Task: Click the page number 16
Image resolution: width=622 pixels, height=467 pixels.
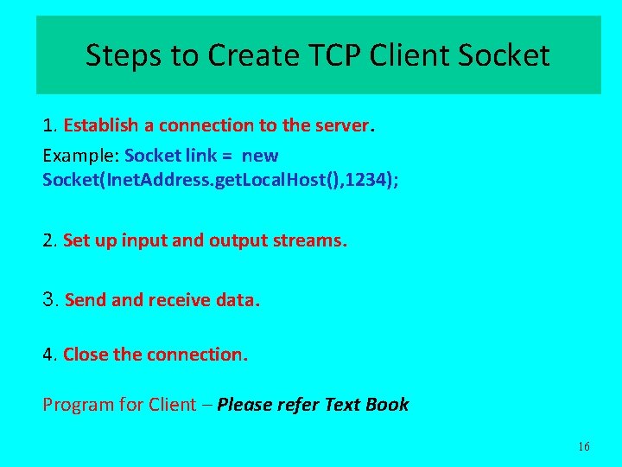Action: coord(583,446)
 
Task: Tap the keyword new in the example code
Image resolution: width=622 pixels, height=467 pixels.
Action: coord(260,157)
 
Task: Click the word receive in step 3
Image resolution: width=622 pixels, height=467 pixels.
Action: coord(179,300)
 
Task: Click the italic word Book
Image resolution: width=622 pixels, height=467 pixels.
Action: coord(387,405)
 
